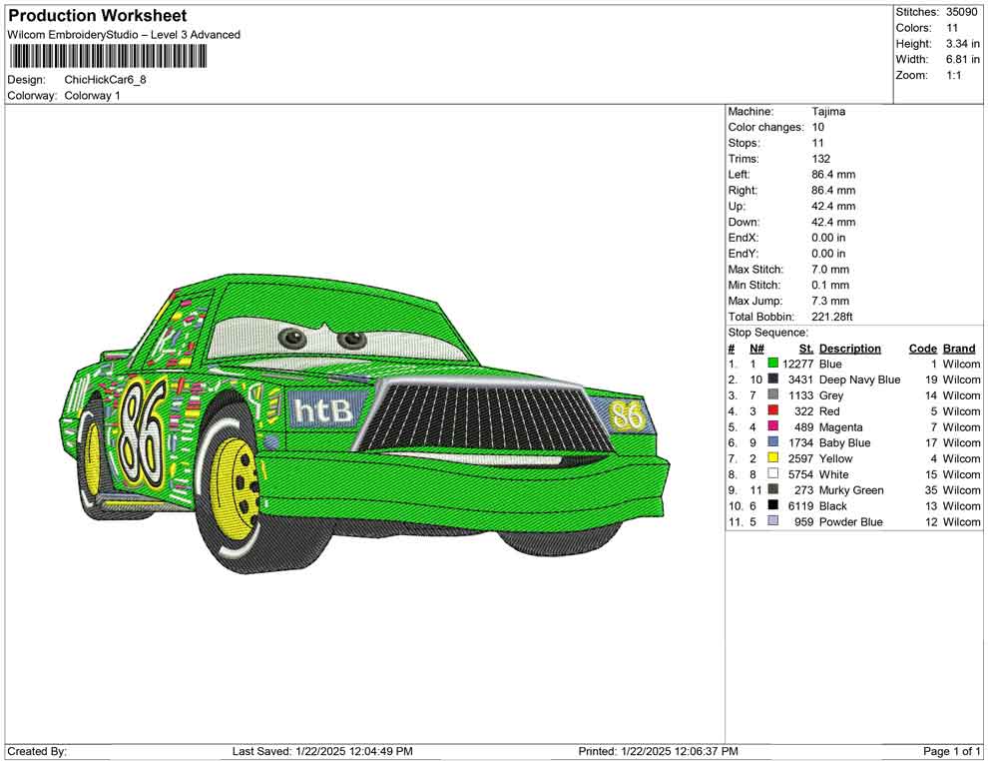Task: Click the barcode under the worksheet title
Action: [108, 55]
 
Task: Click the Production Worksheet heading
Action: [97, 16]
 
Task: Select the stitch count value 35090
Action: [962, 12]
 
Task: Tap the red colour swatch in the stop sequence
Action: [772, 411]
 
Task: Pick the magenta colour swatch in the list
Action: [772, 427]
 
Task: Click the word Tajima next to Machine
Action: [828, 112]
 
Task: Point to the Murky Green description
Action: [851, 490]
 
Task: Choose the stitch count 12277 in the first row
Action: [798, 365]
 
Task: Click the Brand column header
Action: [959, 349]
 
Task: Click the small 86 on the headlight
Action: [627, 413]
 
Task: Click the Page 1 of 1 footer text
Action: [952, 751]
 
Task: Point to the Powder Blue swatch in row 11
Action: [772, 522]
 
